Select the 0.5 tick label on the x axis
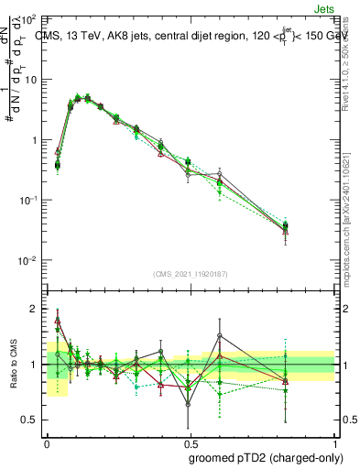(190, 443)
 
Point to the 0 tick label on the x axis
(47, 443)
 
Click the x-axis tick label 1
(333, 443)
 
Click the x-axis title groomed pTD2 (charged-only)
(266, 457)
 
